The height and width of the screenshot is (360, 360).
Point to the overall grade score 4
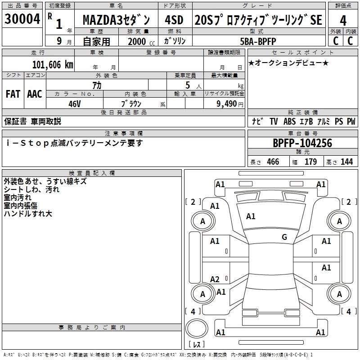343,20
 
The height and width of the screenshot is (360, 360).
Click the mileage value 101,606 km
53,64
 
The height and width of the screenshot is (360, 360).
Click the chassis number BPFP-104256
302,144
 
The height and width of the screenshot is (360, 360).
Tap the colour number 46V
75,103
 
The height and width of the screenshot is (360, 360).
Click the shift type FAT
13,94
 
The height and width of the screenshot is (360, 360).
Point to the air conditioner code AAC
35,94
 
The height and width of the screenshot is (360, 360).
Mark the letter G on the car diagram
284,237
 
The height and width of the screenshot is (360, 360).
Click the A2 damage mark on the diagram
215,279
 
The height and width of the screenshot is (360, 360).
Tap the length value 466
273,162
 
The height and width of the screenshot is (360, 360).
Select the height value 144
346,162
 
